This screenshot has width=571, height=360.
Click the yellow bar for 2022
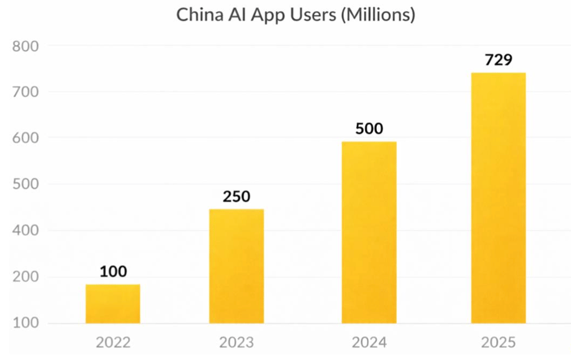point(113,304)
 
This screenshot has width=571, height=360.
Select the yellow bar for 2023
point(237,266)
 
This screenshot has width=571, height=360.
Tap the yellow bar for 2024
point(369,232)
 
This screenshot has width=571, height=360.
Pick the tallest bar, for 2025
point(498,198)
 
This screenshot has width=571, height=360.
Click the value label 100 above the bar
point(113,271)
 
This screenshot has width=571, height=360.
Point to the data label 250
point(237,197)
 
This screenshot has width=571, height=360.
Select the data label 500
point(369,129)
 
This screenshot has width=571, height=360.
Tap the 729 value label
point(498,61)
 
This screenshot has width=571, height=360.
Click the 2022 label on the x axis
point(113,343)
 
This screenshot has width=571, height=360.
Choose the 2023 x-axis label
point(237,343)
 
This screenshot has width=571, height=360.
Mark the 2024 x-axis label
point(369,343)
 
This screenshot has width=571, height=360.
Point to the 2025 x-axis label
point(498,343)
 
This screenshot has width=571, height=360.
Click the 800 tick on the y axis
point(25,46)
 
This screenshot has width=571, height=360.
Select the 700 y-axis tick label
point(25,92)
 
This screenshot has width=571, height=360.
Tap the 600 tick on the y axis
point(25,138)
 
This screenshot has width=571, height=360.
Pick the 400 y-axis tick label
point(25,231)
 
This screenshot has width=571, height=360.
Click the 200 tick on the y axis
point(25,277)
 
